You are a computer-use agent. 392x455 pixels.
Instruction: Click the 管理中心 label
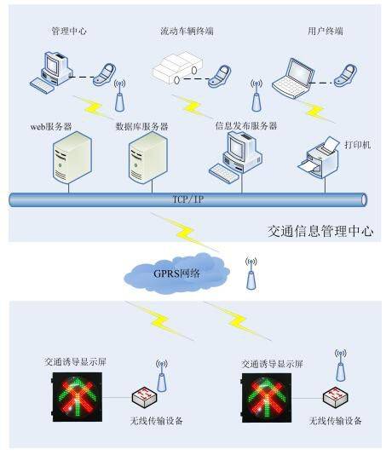pos(68,32)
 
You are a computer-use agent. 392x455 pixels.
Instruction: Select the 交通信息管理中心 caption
pos(320,231)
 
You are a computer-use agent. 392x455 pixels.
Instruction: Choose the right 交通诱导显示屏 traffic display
pos(267,397)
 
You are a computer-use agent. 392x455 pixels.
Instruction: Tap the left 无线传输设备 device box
pos(143,398)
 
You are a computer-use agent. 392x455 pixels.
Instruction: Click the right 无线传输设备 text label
pos(336,420)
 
